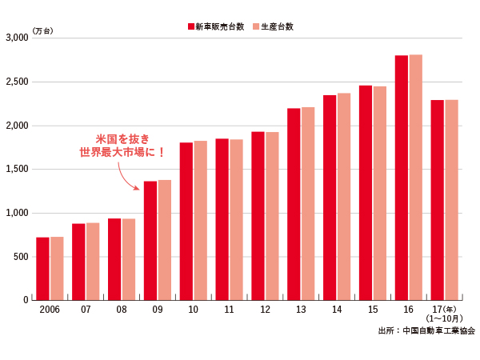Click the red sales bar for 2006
tap(42, 268)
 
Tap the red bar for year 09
tap(150, 240)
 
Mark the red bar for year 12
tap(258, 215)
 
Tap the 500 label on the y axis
tap(21, 257)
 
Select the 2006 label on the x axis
tap(50, 309)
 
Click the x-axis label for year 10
tap(193, 309)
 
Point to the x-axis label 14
tap(337, 309)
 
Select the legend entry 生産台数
tap(274, 26)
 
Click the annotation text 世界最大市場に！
tap(122, 151)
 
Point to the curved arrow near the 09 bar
tap(128, 177)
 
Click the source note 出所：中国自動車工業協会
tap(426, 330)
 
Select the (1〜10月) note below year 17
tap(445, 318)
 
